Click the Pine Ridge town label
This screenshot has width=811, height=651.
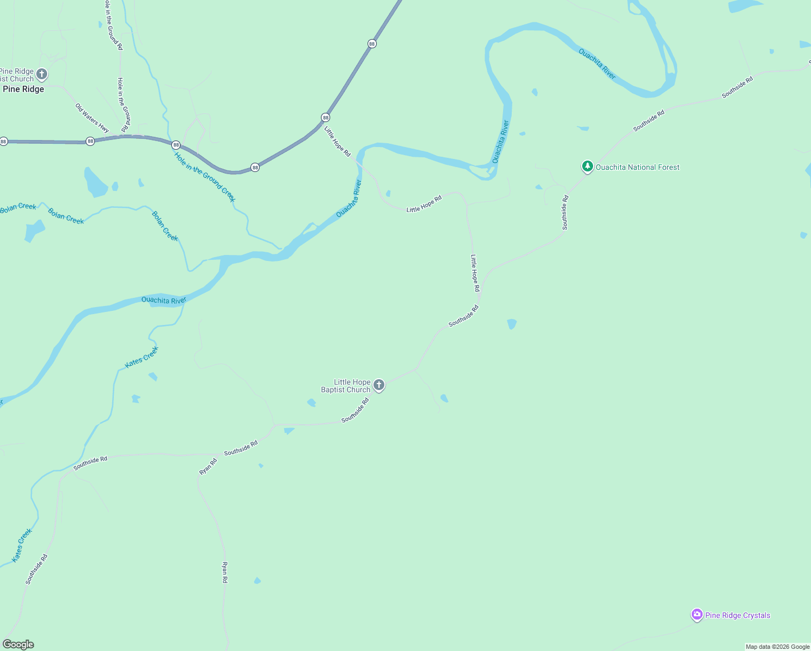tap(23, 89)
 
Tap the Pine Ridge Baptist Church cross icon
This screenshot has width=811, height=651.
tap(42, 74)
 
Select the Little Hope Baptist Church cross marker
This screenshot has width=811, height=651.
tap(379, 385)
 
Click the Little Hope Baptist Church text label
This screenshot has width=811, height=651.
tap(346, 386)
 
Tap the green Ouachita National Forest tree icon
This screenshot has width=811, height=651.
tap(587, 167)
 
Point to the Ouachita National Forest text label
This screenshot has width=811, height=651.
tap(638, 167)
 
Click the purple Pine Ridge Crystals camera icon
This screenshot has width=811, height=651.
tap(697, 615)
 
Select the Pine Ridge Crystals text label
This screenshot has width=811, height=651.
tap(737, 615)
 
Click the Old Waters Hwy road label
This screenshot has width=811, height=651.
tap(92, 118)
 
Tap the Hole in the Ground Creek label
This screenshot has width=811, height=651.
tap(205, 177)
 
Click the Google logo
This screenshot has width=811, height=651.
tap(18, 644)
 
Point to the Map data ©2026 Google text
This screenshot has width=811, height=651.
tap(777, 647)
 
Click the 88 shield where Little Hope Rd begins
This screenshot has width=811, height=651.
tap(325, 117)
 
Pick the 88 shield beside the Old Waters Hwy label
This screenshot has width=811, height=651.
tap(91, 141)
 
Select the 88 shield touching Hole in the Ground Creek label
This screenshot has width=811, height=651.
tap(176, 145)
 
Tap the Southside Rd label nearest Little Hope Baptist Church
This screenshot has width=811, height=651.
tap(355, 410)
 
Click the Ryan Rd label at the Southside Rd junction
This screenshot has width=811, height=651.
tap(208, 467)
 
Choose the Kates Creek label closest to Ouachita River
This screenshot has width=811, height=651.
tap(141, 357)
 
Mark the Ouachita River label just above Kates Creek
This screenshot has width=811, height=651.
tap(164, 300)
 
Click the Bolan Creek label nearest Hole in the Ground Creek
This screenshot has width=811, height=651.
tap(165, 226)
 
